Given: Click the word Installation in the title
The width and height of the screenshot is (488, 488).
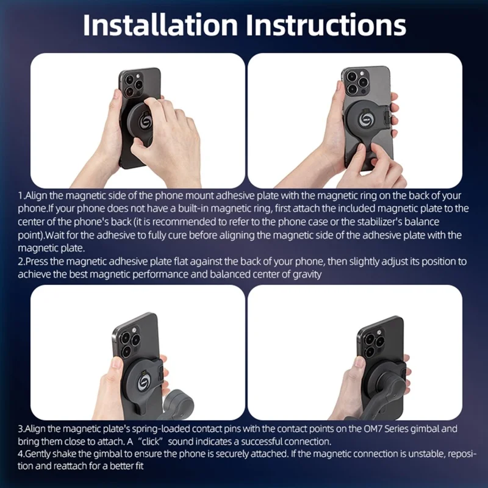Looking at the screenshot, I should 160,25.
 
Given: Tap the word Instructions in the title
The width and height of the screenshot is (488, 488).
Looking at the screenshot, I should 325,25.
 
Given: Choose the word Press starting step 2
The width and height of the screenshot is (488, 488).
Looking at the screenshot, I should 36,261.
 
